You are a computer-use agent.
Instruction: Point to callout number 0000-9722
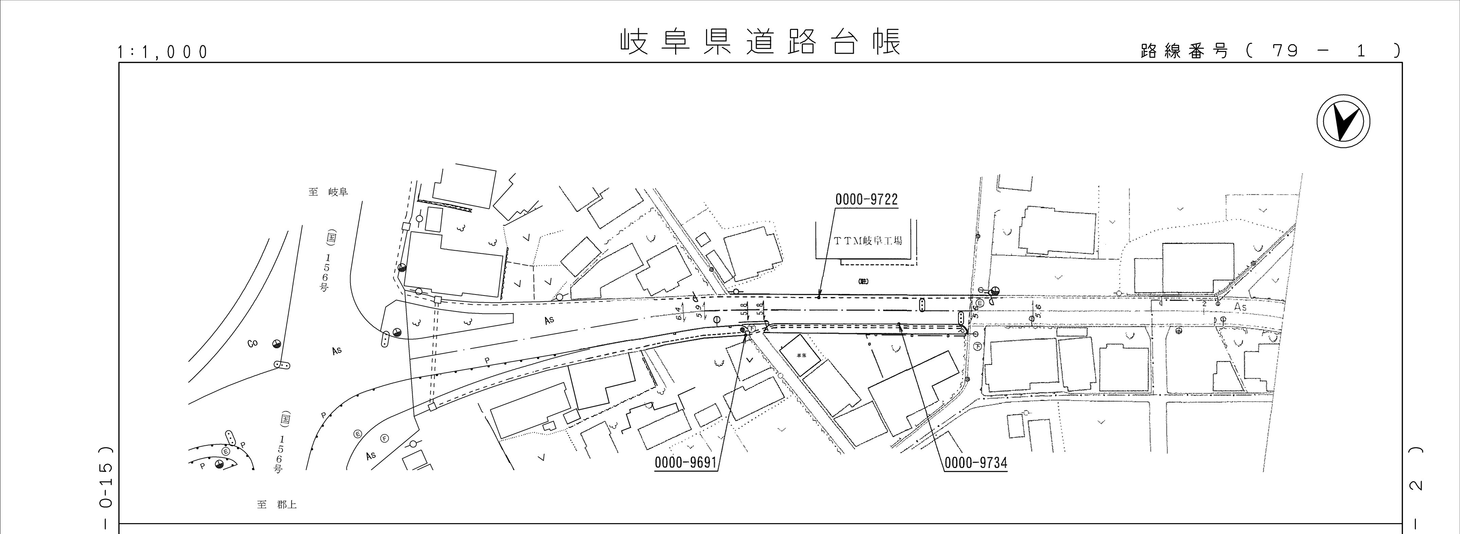tap(866, 199)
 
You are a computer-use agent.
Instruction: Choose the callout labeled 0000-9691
tap(686, 463)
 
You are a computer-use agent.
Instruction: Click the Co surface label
tap(252, 343)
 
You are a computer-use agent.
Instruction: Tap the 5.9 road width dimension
tap(699, 310)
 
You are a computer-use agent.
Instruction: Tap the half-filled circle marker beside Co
tap(276, 343)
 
